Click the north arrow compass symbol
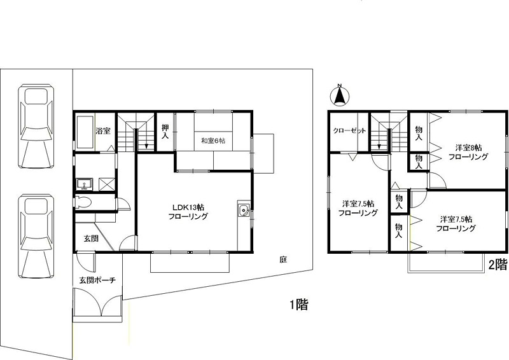click(x=340, y=96)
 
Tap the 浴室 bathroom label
click(x=103, y=131)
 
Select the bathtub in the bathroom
click(x=85, y=132)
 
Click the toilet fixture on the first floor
click(x=83, y=202)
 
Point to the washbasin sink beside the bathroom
click(x=85, y=184)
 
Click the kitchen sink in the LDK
click(x=243, y=211)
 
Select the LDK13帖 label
click(x=188, y=207)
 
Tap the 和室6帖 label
click(x=213, y=141)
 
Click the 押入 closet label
click(x=165, y=132)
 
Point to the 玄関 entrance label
click(x=91, y=239)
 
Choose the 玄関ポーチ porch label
click(x=97, y=279)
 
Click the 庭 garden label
click(x=283, y=260)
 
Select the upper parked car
click(x=36, y=126)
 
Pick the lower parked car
click(x=36, y=236)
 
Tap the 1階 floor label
click(x=299, y=305)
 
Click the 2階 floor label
click(x=498, y=265)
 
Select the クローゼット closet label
click(x=349, y=131)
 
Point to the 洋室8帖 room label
click(x=468, y=148)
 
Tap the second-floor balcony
click(x=444, y=262)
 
